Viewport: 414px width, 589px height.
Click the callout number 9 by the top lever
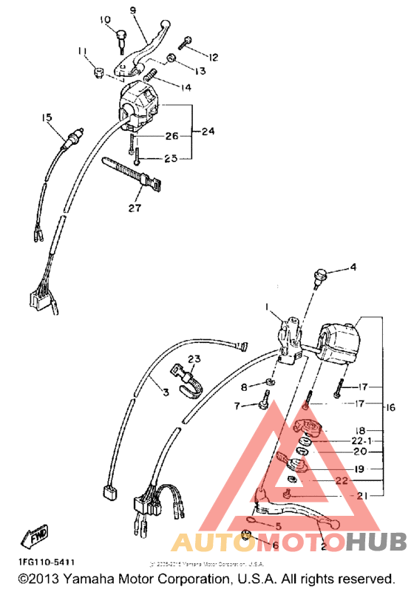click(x=133, y=10)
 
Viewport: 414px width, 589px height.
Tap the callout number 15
click(x=47, y=118)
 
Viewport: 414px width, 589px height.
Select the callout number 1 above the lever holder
click(x=269, y=305)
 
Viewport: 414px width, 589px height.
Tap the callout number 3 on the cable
click(x=166, y=392)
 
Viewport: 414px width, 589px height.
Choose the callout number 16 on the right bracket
click(x=390, y=407)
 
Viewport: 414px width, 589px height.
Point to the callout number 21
click(x=362, y=496)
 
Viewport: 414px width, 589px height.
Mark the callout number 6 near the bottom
click(x=276, y=545)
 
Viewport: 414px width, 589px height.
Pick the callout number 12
click(x=214, y=57)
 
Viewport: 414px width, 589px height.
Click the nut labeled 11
click(x=98, y=72)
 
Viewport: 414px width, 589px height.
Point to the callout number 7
click(x=237, y=405)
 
